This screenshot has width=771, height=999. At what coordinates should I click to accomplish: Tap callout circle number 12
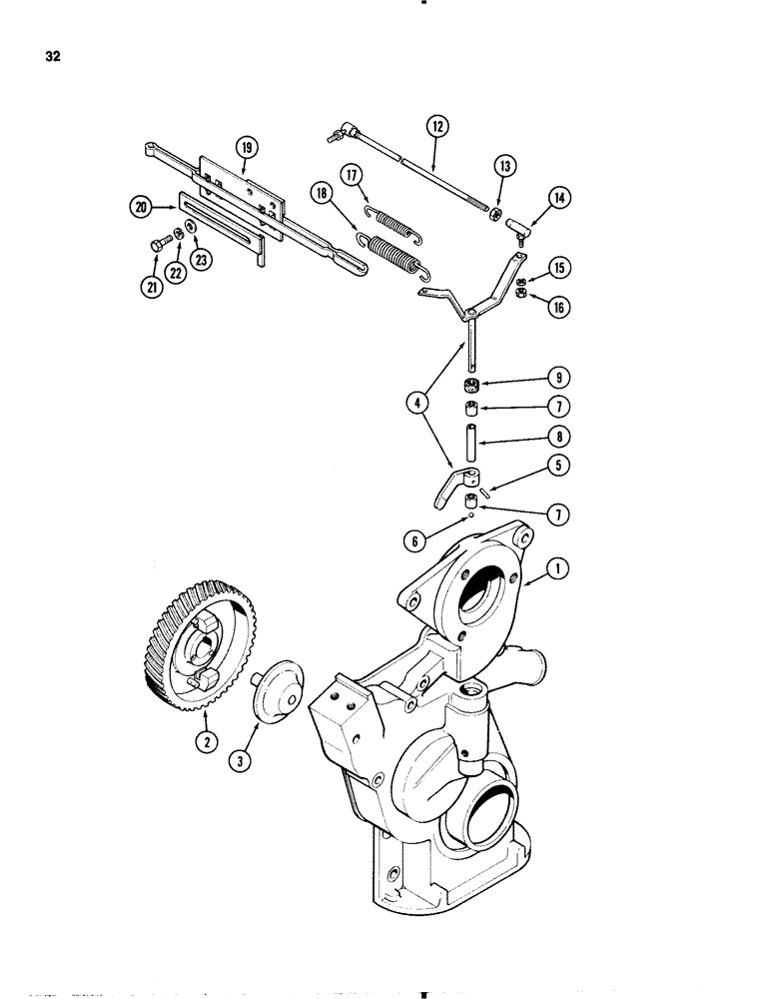436,127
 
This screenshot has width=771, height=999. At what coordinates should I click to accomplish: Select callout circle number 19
247,149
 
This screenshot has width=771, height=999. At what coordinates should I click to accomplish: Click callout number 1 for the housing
556,571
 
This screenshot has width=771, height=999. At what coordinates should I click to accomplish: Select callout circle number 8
555,436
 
